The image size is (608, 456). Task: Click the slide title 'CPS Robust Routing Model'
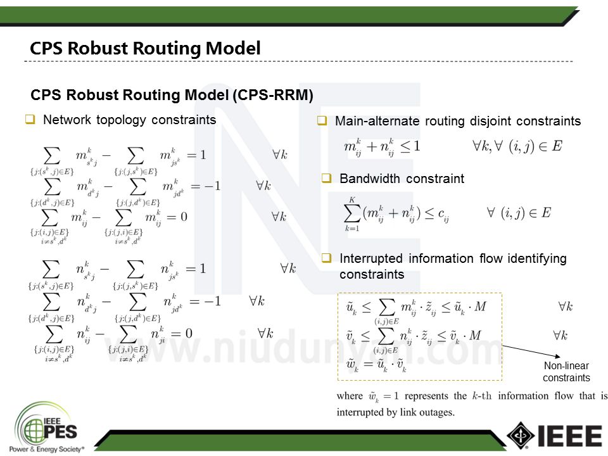pos(145,48)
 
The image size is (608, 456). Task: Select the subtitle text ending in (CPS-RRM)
pos(172,95)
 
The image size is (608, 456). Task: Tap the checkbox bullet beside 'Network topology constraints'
pos(29,119)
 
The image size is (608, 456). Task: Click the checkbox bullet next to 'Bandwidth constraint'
pos(326,179)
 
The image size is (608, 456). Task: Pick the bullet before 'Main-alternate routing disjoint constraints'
pos(322,120)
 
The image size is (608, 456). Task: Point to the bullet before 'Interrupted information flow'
pos(326,258)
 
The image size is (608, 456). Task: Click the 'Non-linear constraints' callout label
pos(566,372)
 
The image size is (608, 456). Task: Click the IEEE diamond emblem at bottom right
pos(521,436)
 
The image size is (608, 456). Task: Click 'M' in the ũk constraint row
pos(481,307)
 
